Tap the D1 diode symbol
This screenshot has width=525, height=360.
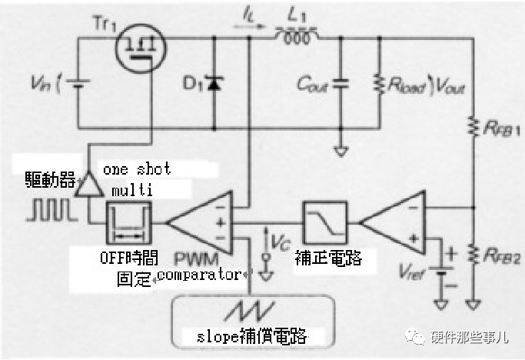click(212, 82)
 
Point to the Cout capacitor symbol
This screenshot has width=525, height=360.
click(341, 83)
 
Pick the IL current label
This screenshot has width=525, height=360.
click(246, 13)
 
